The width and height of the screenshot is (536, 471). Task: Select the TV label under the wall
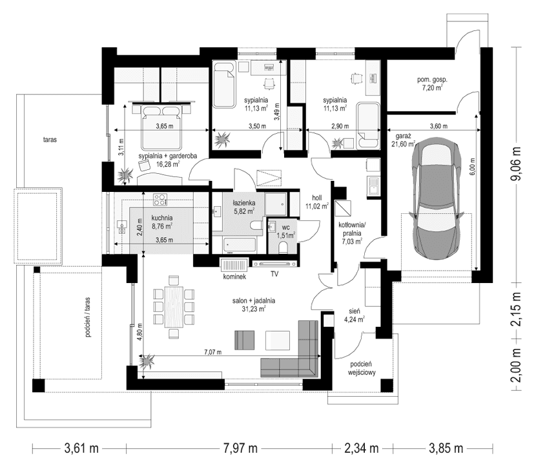(x=274, y=275)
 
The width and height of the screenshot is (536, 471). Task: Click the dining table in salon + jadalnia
(x=172, y=300)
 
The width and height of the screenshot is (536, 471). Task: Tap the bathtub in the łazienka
(x=239, y=246)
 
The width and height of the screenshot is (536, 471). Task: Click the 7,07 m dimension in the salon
(x=212, y=352)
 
